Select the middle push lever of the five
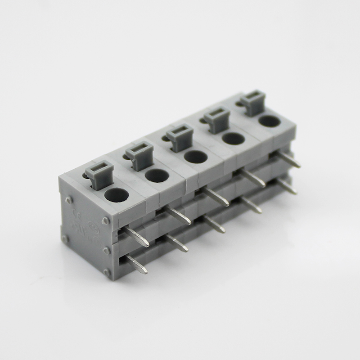180,138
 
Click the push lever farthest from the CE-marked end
253,102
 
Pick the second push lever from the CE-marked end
139,155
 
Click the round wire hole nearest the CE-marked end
117,195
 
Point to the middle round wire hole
196,157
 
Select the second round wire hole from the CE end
157,175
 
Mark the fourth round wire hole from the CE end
234,138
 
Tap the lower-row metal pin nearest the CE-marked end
137,265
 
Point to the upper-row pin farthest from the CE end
289,160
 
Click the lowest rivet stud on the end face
107,272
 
